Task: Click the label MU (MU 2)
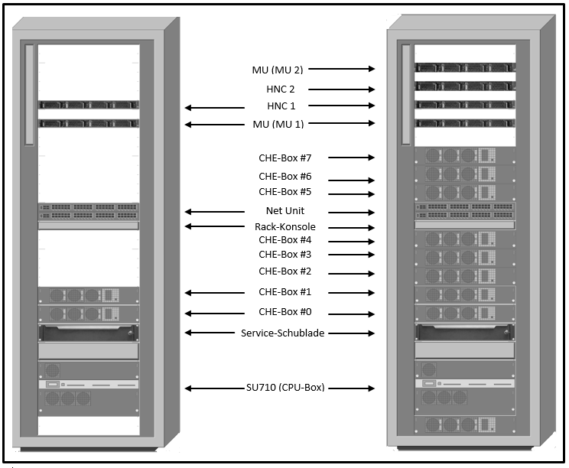[x=278, y=70]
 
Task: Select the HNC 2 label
[x=281, y=89]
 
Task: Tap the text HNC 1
[x=281, y=106]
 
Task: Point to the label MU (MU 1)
[x=278, y=124]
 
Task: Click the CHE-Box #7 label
[x=284, y=158]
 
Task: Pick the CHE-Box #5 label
[x=284, y=191]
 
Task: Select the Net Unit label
[x=285, y=210]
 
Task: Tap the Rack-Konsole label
[x=285, y=227]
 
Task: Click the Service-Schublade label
[x=283, y=333]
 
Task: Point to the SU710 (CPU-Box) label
[x=285, y=388]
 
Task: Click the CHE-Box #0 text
[x=284, y=312]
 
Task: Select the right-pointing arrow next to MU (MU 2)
[x=341, y=69]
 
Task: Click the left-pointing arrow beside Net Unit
[x=215, y=212]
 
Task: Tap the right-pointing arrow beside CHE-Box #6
[x=351, y=180]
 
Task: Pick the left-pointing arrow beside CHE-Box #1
[x=215, y=292]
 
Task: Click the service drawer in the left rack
[x=89, y=333]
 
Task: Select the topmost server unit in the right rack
[x=465, y=67]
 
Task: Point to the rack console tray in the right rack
[x=465, y=225]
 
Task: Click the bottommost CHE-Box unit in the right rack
[x=465, y=425]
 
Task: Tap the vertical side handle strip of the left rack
[x=29, y=95]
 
